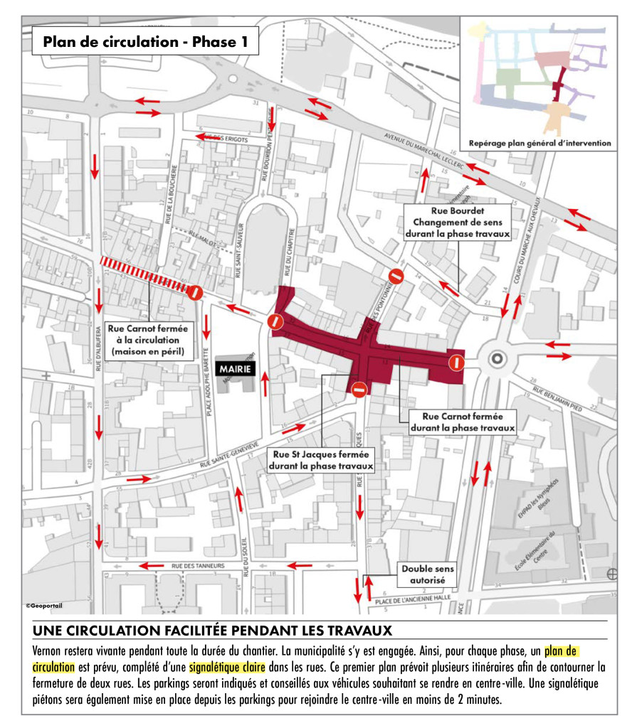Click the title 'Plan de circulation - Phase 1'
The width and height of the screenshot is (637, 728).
(x=146, y=42)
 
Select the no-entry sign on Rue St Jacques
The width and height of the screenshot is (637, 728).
(x=359, y=388)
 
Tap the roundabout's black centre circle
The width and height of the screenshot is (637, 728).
(x=497, y=359)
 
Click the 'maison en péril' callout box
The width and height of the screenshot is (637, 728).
(x=148, y=340)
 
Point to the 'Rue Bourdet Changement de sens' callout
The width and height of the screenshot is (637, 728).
(x=458, y=222)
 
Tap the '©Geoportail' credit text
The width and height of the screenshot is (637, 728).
(x=44, y=606)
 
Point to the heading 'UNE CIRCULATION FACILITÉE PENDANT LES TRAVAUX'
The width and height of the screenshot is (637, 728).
(x=212, y=631)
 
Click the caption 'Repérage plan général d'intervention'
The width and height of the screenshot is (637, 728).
(x=539, y=143)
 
